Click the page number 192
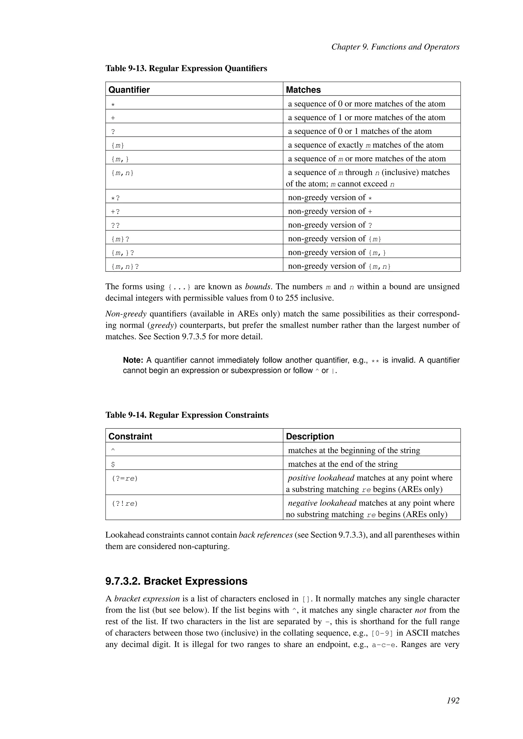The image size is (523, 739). [453, 700]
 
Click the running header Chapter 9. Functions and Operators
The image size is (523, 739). [395, 47]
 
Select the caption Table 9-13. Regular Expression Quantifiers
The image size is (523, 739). [186, 69]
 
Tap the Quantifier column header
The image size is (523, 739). [129, 90]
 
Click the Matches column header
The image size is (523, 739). [303, 90]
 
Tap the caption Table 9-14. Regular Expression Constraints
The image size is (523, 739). [187, 415]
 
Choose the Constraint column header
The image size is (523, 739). [130, 436]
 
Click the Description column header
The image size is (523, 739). [310, 436]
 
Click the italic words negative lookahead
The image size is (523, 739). [322, 503]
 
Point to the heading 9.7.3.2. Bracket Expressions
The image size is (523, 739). [176, 581]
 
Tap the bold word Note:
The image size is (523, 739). [133, 360]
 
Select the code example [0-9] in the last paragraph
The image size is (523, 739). [382, 633]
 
